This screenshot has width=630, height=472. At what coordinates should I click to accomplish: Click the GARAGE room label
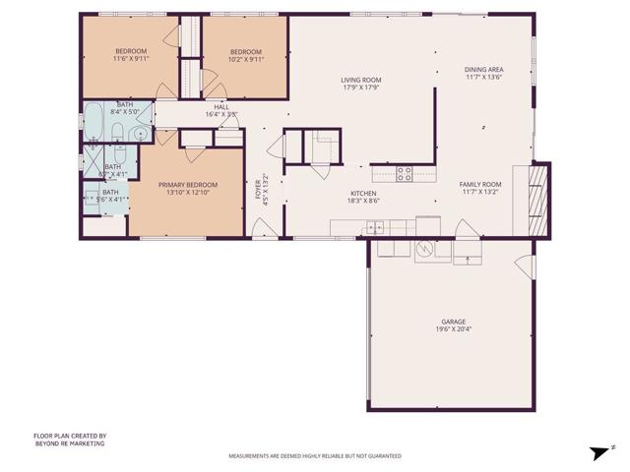click(453, 323)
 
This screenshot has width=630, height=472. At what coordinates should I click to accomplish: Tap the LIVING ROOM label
click(361, 80)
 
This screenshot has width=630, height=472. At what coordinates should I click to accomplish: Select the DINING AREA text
click(483, 69)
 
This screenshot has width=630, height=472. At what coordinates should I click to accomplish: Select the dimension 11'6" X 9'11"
click(131, 58)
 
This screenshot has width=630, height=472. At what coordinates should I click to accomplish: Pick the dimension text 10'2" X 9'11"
click(246, 58)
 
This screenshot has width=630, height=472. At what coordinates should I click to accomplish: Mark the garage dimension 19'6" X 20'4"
click(453, 330)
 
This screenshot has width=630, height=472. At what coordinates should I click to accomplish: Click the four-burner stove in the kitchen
click(404, 174)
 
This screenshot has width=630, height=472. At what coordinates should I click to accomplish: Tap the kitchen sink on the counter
click(373, 227)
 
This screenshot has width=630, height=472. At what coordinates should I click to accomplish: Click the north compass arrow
click(597, 452)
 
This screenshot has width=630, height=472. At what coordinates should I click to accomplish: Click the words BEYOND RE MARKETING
click(70, 444)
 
